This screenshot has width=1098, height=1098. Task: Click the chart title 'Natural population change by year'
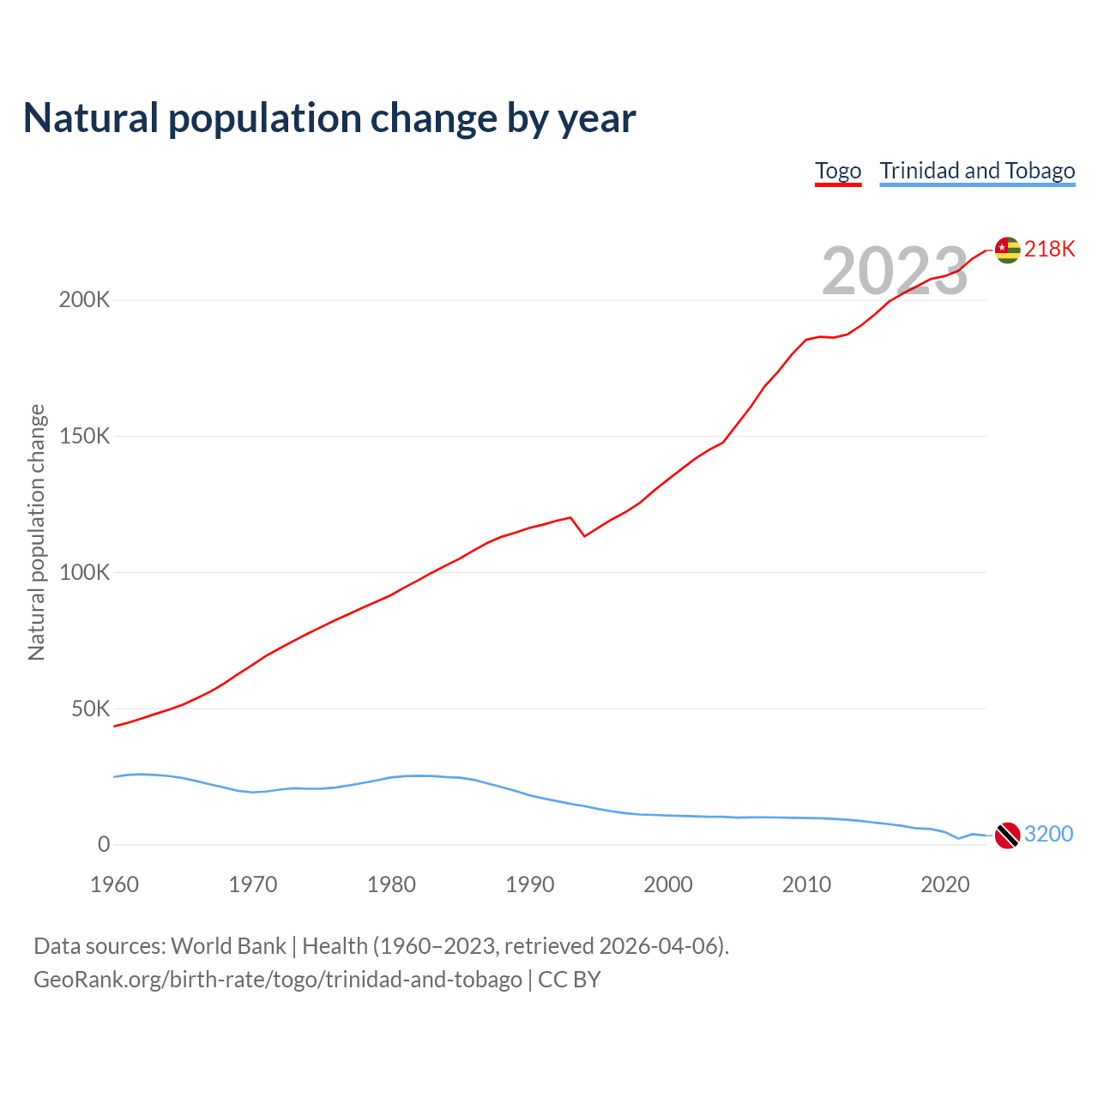tap(329, 118)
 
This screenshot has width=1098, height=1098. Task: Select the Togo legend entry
tap(838, 171)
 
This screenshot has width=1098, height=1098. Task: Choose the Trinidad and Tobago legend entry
tap(977, 171)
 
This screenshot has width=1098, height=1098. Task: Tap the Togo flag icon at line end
tap(1007, 250)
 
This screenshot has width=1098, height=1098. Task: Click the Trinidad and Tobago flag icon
tap(1007, 835)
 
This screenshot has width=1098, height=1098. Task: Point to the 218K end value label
tap(1049, 249)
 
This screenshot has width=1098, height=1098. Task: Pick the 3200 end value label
tap(1048, 834)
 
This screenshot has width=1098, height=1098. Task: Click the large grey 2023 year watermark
tap(895, 271)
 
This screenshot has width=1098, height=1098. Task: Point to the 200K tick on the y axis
tap(84, 300)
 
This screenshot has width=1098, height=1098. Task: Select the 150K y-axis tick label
tap(84, 437)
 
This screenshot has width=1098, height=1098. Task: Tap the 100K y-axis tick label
tap(84, 572)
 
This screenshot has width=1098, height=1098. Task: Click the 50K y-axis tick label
tap(90, 709)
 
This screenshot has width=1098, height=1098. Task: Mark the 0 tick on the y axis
tap(104, 845)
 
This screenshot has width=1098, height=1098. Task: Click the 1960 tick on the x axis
tap(114, 884)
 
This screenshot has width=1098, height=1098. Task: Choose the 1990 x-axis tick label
tap(529, 884)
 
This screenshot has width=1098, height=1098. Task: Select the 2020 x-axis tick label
tap(944, 884)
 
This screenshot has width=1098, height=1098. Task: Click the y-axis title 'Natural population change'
tap(36, 533)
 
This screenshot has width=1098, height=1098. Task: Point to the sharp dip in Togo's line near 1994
tap(584, 536)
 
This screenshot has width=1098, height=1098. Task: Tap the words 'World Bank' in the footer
tap(228, 946)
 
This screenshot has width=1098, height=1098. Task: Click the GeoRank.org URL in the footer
tap(277, 980)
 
